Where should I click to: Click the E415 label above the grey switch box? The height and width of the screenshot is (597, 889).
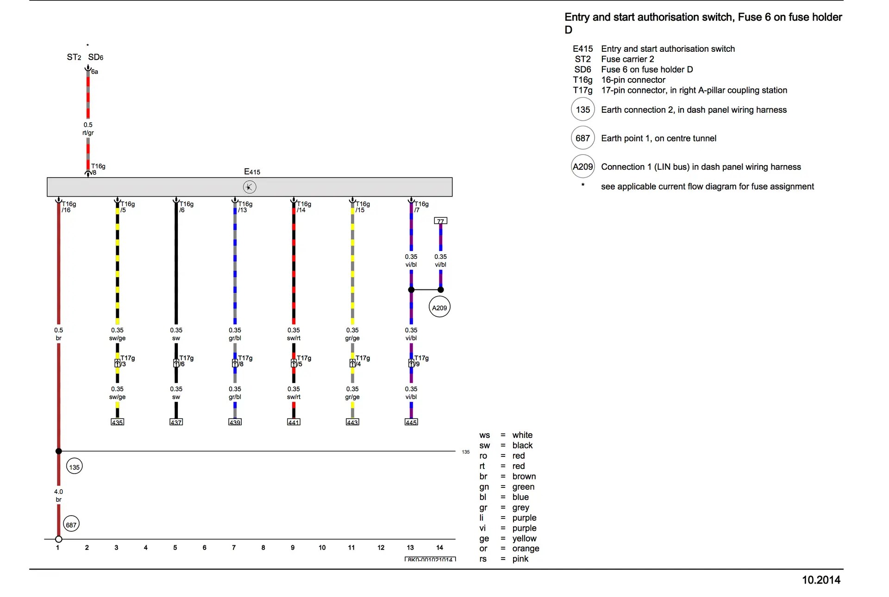252,172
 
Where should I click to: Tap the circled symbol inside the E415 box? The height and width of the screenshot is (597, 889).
250,187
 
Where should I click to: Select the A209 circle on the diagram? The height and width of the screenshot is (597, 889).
439,308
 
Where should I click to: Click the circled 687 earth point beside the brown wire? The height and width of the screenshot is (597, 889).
71,524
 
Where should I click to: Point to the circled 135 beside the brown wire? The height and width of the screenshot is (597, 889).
74,467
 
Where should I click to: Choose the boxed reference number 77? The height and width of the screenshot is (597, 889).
440,221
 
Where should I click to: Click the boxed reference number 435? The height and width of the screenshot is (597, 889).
117,422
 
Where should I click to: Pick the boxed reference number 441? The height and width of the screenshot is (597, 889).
294,422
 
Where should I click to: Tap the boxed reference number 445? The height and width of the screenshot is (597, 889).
411,422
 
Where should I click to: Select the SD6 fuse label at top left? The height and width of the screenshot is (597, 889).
96,57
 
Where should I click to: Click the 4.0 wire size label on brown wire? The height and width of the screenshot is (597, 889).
58,492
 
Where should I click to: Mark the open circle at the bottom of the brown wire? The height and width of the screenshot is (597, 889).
58,539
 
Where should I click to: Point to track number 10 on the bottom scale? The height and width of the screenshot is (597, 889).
322,548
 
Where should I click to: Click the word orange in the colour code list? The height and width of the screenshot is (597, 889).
526,548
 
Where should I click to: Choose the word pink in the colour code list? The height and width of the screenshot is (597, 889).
520,559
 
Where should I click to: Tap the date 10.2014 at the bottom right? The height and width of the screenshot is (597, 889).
821,580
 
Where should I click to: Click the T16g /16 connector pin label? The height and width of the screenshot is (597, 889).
69,207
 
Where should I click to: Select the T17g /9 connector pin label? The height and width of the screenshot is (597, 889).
421,361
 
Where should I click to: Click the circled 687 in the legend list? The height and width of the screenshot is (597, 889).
582,138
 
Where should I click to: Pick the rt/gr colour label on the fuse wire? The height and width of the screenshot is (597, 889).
88,133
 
